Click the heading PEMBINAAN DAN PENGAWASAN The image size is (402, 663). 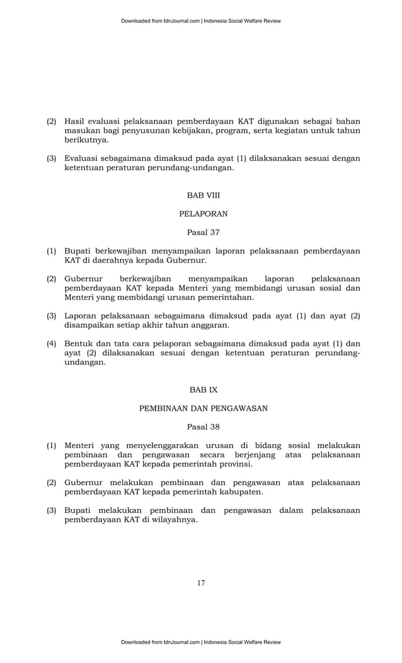tap(203, 408)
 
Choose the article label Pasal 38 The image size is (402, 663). tap(203, 426)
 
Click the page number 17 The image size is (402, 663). tap(201, 583)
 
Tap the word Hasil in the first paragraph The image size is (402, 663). tap(76, 120)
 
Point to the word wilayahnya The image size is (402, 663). tap(172, 520)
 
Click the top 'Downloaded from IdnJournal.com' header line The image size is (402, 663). tap(201, 21)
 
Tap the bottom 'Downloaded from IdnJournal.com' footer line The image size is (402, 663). tap(201, 642)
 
